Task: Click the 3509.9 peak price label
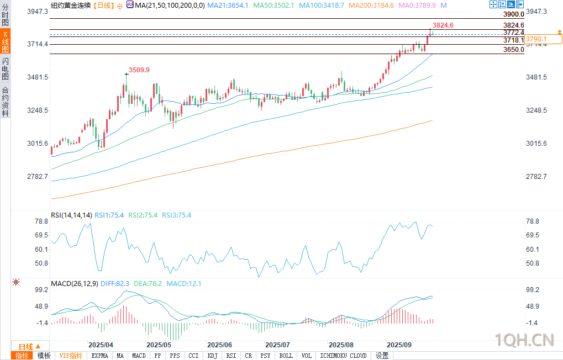click(x=139, y=70)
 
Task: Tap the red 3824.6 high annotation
click(x=443, y=25)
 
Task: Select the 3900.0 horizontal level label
click(x=513, y=14)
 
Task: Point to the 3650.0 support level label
click(x=513, y=50)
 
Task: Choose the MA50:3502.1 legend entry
click(x=274, y=5)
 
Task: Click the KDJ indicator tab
click(x=212, y=356)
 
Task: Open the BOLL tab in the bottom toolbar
click(x=286, y=356)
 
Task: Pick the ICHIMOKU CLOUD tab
click(x=343, y=356)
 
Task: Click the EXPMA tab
click(x=100, y=356)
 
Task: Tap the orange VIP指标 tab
click(x=71, y=356)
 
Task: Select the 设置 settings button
click(x=382, y=356)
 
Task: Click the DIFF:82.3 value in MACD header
click(x=115, y=284)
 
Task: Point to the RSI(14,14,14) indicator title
click(x=71, y=215)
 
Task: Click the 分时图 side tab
click(x=5, y=15)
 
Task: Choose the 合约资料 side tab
click(x=5, y=102)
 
